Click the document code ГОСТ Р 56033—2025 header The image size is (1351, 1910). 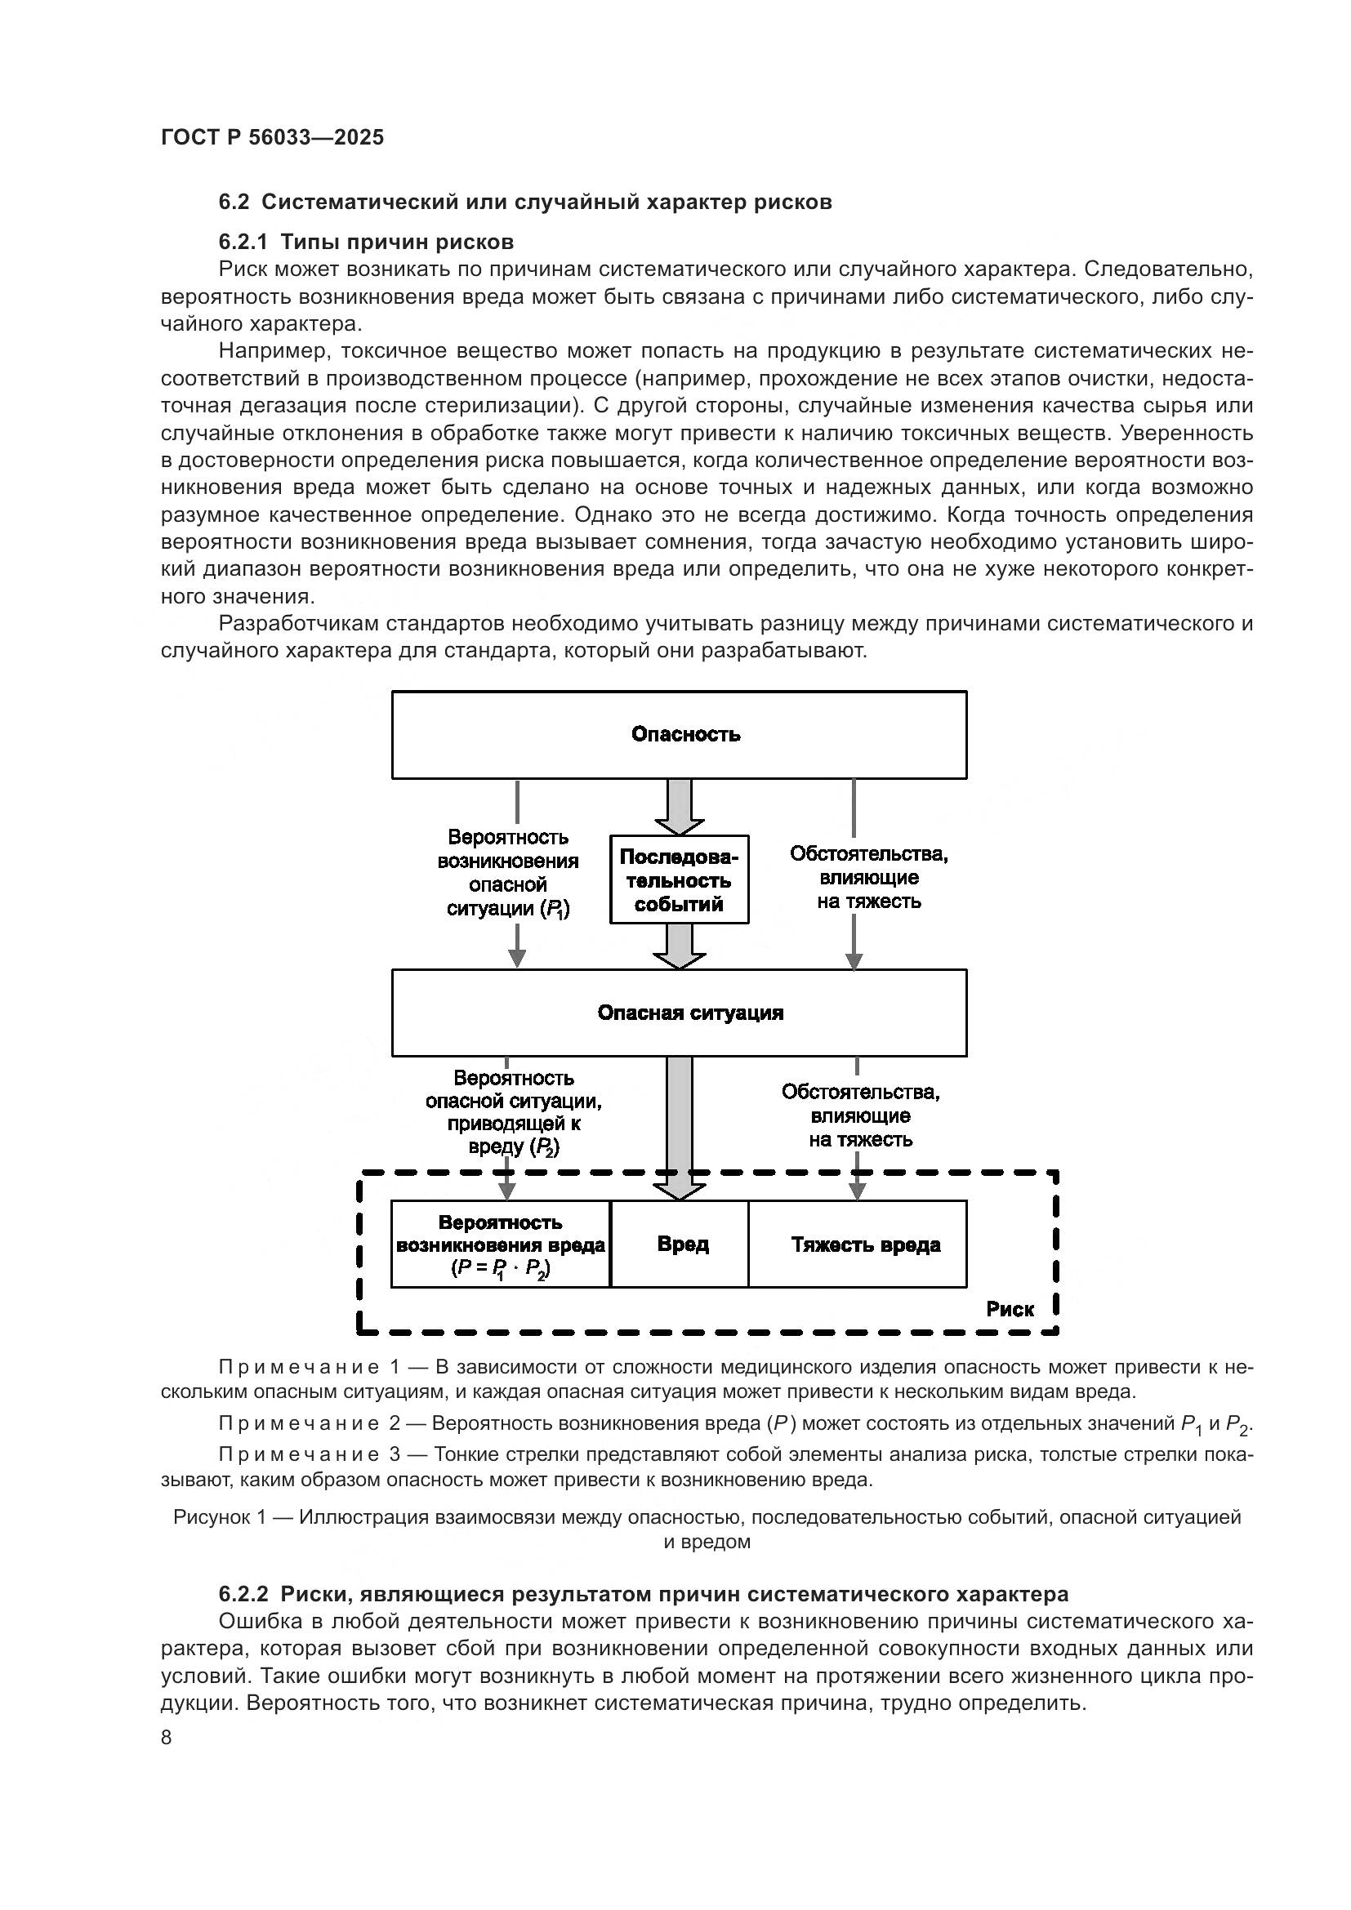[272, 137]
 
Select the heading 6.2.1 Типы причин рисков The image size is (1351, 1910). [366, 242]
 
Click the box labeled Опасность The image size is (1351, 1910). [679, 735]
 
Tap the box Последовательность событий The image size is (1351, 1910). [679, 880]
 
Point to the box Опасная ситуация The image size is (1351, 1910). [679, 1013]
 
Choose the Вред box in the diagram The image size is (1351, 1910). [680, 1244]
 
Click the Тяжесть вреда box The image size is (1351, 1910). [858, 1244]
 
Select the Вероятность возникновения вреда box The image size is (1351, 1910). [500, 1244]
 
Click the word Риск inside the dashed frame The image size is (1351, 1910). [1009, 1309]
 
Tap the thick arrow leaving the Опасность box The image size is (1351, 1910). [679, 807]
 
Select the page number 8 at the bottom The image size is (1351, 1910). [167, 1738]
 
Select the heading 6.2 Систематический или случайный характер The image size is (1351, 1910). [525, 203]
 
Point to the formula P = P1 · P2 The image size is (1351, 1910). [500, 1269]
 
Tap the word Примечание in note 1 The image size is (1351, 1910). [299, 1367]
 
